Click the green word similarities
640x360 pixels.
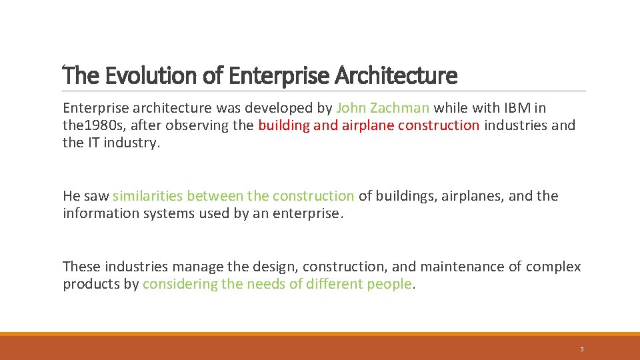click(148, 196)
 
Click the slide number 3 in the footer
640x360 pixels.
click(581, 349)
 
